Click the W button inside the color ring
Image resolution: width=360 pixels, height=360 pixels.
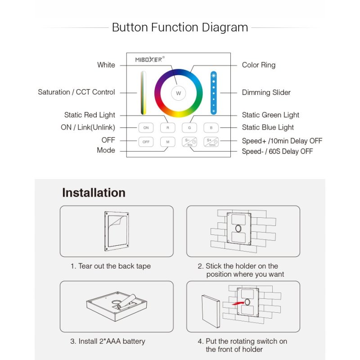[178, 93]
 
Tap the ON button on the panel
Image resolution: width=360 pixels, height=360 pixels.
[146, 128]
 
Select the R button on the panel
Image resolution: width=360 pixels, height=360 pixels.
[167, 128]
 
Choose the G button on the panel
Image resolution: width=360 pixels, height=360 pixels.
[189, 128]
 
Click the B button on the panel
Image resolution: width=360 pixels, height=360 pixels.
[211, 128]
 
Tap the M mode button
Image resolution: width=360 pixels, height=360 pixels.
[167, 142]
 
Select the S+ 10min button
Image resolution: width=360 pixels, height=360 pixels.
[211, 142]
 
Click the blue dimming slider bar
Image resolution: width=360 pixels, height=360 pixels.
[214, 93]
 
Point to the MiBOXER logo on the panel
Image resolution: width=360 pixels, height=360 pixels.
[150, 59]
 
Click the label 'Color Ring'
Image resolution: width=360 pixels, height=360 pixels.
[258, 65]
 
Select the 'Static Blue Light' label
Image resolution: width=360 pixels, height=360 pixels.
[268, 127]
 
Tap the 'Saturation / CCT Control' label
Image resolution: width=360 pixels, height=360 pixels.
[76, 92]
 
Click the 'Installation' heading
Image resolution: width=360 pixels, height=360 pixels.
[94, 193]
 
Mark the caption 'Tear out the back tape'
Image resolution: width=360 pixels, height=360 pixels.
[110, 266]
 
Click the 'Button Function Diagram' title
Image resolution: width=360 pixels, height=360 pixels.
[180, 27]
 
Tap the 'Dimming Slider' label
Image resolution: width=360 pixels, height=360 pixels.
[266, 93]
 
